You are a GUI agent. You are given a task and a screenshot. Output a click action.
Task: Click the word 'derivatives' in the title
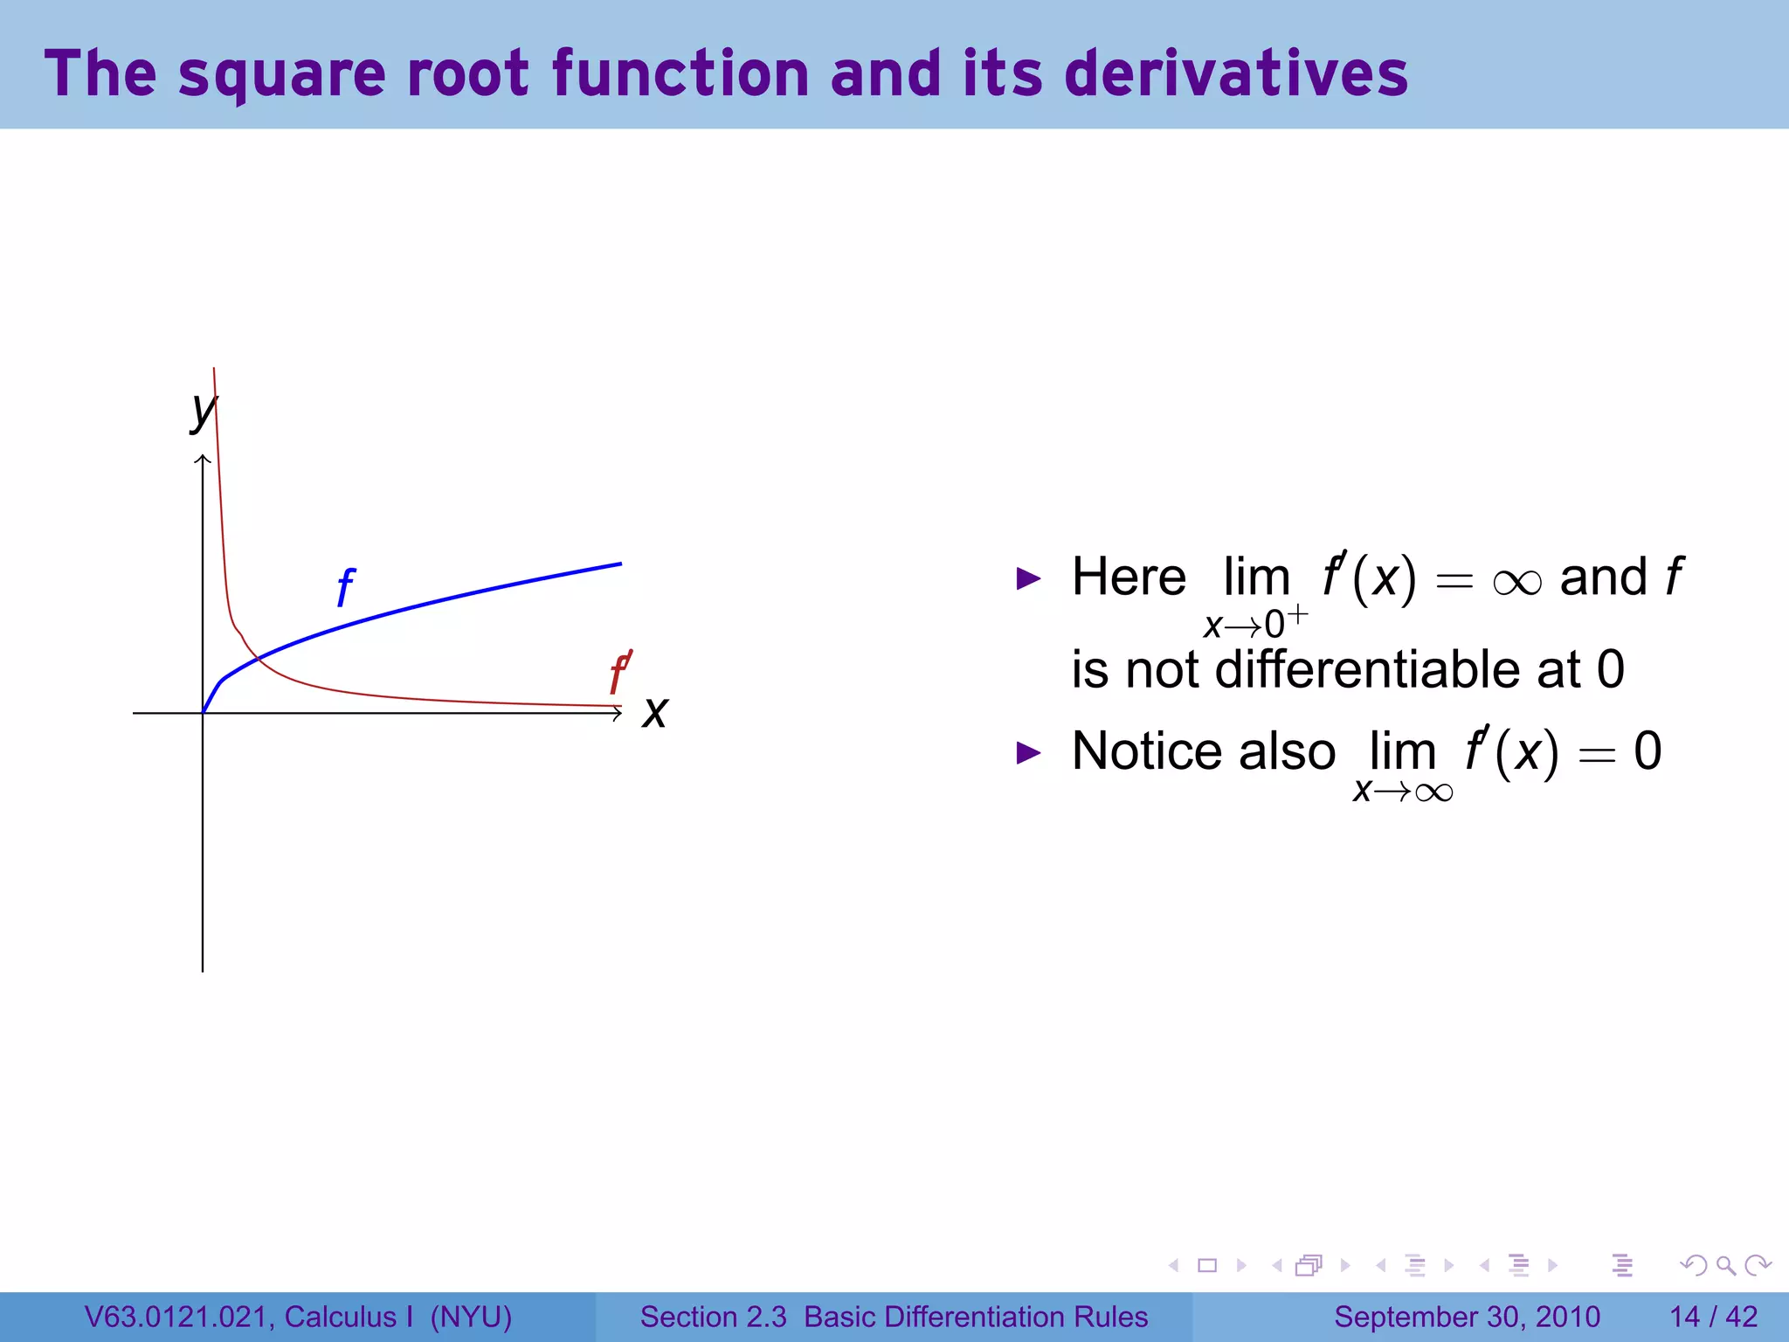tap(1235, 73)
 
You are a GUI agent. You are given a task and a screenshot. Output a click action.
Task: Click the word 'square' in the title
tap(281, 75)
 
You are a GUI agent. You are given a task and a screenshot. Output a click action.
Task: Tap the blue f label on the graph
tap(345, 587)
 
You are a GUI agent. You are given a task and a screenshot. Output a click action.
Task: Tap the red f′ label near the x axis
tap(619, 673)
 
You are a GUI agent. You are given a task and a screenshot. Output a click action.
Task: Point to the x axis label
tap(654, 712)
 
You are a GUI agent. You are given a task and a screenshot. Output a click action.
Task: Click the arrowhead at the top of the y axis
tap(203, 460)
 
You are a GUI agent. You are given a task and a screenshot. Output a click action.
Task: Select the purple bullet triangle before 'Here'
tap(1029, 578)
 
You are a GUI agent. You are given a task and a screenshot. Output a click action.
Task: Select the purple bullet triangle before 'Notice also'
tap(1029, 752)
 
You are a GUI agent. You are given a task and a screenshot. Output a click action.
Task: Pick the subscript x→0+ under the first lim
tap(1254, 622)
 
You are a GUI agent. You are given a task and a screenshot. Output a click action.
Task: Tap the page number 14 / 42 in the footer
tap(1713, 1317)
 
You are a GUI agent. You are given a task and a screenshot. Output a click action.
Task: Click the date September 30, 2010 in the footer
tap(1467, 1317)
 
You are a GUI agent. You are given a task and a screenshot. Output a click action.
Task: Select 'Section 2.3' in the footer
tap(713, 1317)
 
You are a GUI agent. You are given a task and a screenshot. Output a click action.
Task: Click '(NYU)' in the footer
tap(471, 1317)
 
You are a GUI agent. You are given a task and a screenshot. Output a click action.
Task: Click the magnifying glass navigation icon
tap(1725, 1265)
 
